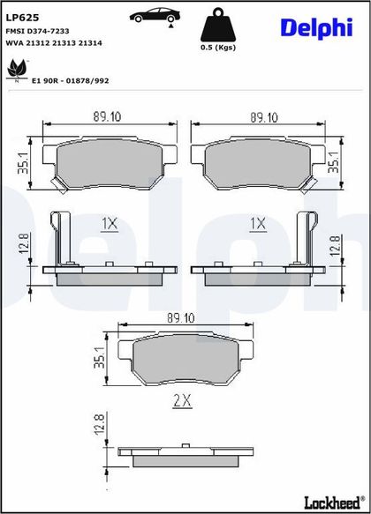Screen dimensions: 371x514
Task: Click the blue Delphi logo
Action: (x=316, y=28)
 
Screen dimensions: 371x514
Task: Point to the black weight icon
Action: (x=218, y=25)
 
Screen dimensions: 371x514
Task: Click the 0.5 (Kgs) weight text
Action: (x=218, y=48)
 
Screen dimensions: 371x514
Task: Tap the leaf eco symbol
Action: (x=17, y=70)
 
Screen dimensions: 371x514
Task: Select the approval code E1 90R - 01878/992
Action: (x=70, y=80)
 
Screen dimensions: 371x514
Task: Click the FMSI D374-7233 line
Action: (x=37, y=31)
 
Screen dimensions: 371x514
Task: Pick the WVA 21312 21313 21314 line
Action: (x=54, y=43)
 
